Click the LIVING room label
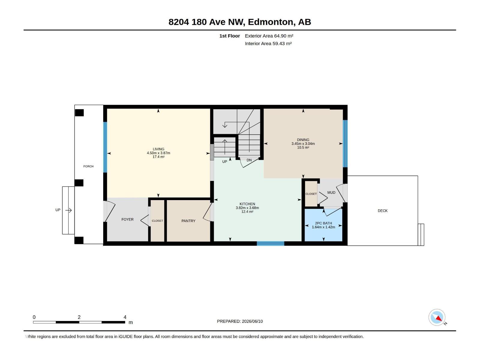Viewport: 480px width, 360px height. click(x=158, y=149)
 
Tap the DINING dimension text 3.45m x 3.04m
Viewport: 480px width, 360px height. click(x=303, y=144)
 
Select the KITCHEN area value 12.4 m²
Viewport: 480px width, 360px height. click(x=247, y=211)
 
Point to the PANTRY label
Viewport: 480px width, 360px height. click(x=188, y=221)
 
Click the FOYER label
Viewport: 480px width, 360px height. click(x=127, y=219)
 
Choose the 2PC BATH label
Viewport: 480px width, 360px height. click(x=323, y=223)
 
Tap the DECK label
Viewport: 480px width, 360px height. click(x=382, y=211)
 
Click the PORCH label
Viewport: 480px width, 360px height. click(x=88, y=166)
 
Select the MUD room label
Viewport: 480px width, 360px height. click(x=331, y=192)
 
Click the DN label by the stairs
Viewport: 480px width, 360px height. click(x=249, y=160)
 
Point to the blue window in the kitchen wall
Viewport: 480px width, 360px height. click(x=270, y=244)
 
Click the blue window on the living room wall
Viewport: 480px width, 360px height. click(x=105, y=147)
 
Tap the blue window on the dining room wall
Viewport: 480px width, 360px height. click(x=345, y=143)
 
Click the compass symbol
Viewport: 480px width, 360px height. click(x=437, y=317)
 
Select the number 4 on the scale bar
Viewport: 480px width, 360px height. click(x=125, y=317)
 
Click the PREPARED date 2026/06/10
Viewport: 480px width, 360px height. click(x=252, y=321)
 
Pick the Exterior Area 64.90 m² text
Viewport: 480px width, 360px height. click(x=269, y=36)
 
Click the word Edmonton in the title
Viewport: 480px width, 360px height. click(x=271, y=22)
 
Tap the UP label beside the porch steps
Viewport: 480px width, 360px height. click(x=58, y=210)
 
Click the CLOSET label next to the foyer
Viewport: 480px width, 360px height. click(x=157, y=221)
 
